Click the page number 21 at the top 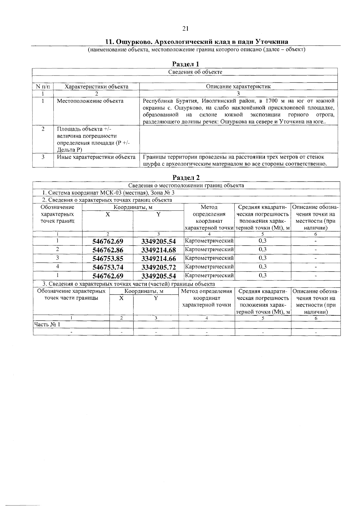(x=185, y=28)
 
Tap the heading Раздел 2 (x=186, y=177)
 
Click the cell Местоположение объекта (x=90, y=101)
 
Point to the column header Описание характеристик (x=238, y=87)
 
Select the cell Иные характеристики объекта (x=96, y=157)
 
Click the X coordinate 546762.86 (x=108, y=250)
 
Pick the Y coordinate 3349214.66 (x=158, y=259)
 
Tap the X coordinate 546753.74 (x=108, y=267)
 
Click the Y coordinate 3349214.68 (x=158, y=250)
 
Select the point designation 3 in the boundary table (x=57, y=258)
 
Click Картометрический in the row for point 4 (x=209, y=266)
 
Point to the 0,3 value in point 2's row (x=262, y=249)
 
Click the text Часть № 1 (x=47, y=324)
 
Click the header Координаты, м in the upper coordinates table (x=133, y=207)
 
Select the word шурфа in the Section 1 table (x=150, y=164)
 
